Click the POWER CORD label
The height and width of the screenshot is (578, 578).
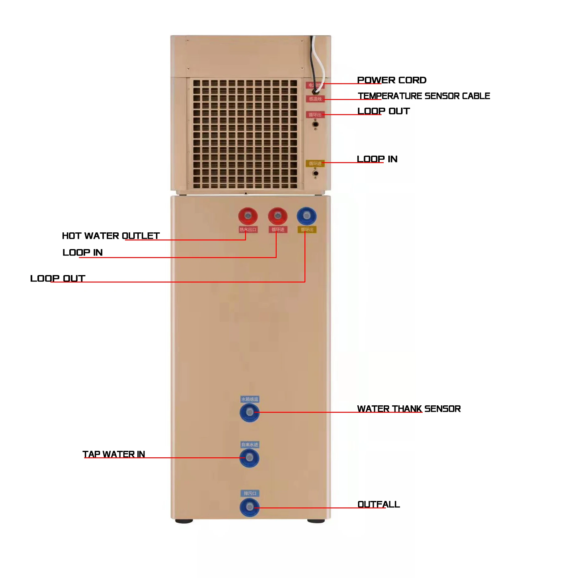391,80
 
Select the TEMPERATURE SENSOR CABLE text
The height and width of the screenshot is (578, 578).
424,96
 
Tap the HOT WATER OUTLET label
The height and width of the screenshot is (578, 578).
111,236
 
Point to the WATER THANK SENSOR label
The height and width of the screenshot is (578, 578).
409,409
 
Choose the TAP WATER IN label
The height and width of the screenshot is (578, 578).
114,454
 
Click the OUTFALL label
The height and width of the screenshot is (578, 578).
378,504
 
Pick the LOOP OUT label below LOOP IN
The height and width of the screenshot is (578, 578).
58,278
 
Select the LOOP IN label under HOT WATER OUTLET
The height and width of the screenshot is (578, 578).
82,252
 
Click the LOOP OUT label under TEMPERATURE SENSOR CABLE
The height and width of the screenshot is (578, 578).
383,111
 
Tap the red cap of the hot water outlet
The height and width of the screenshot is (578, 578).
248,216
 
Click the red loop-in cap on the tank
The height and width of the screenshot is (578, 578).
278,216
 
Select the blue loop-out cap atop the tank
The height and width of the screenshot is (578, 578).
306,216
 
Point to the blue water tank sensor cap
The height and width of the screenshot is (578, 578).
249,412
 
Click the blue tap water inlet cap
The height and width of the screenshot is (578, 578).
249,458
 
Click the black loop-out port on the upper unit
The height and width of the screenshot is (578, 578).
315,124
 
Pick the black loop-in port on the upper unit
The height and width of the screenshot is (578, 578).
315,173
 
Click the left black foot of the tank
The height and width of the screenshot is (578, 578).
184,521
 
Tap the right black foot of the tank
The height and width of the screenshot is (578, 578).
316,521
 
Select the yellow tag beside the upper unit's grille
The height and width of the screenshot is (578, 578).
315,163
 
